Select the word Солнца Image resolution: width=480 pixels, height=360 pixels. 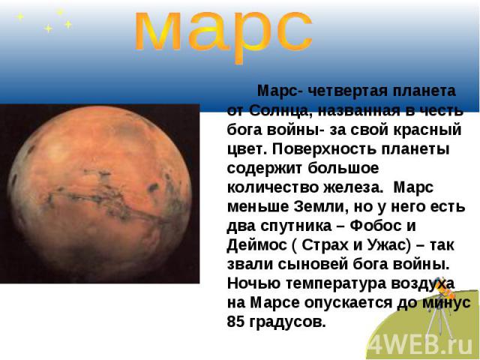click(282, 110)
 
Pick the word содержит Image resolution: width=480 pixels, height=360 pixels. click(264, 168)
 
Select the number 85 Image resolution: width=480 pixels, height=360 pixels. click(236, 322)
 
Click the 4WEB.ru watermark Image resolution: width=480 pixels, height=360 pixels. click(420, 346)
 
